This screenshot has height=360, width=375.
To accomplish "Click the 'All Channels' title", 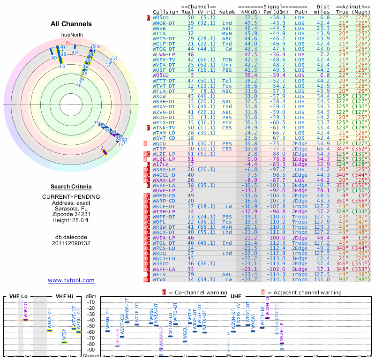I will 71,24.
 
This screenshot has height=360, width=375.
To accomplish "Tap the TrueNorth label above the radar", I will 71,35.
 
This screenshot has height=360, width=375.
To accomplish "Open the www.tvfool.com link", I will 71,280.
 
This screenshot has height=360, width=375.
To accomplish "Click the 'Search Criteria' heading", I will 71,187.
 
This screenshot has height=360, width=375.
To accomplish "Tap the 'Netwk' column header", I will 227,11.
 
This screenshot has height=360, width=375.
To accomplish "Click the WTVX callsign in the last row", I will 162,279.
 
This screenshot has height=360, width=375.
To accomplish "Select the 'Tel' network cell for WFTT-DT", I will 227,80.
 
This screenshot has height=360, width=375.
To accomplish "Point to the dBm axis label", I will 91,296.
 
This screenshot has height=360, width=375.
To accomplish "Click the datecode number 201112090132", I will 71,243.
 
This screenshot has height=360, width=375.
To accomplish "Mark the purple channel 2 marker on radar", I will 104,151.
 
